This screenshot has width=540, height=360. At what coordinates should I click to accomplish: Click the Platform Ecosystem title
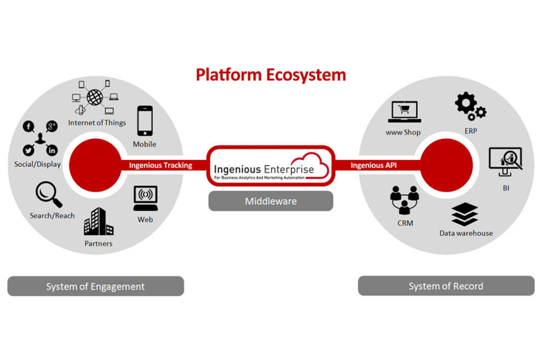tap(270, 74)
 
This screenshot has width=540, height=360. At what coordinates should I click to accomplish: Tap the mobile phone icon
tap(144, 121)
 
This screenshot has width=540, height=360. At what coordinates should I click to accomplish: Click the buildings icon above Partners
tap(98, 222)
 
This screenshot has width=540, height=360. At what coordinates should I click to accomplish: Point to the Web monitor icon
tap(145, 197)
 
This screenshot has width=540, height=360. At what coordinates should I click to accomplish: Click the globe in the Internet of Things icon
tap(94, 95)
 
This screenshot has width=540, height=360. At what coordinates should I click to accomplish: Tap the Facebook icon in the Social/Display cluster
tap(29, 126)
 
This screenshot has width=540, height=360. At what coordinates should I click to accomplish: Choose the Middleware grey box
tap(271, 201)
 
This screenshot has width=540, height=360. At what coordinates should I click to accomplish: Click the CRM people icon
tap(405, 201)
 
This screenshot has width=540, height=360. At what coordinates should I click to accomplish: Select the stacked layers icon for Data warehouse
tap(465, 215)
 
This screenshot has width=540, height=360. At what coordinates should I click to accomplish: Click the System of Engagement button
tap(95, 286)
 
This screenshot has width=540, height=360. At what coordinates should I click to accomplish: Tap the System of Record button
tap(446, 286)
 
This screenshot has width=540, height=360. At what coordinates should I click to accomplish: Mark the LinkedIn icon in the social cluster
tap(52, 150)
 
